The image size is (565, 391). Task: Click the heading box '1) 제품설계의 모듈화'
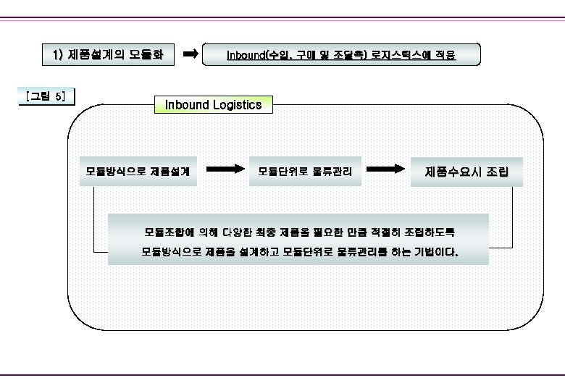pos(108,54)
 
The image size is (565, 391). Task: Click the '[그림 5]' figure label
pos(44,96)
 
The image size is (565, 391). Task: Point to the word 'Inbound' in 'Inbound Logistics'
pos(187,105)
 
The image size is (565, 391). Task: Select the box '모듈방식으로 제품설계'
pos(138,172)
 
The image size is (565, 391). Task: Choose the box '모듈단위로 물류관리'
pos(305,172)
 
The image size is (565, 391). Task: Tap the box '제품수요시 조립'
pos(466,172)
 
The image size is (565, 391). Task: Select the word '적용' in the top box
pos(446,55)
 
